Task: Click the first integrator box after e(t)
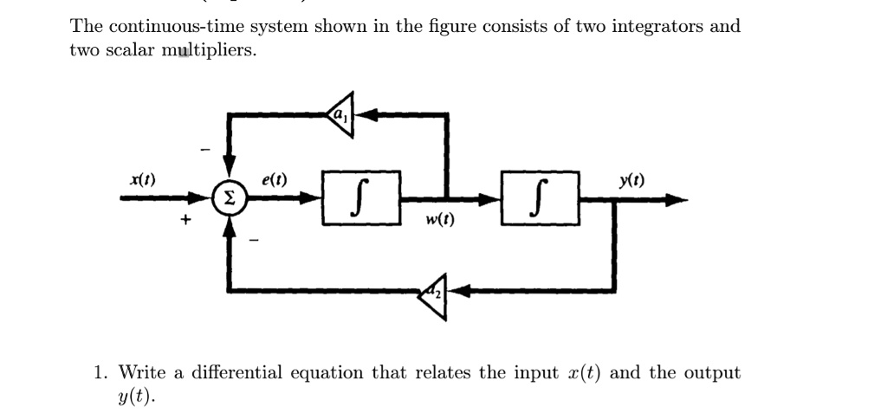coord(361,198)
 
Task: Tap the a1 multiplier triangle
coord(340,112)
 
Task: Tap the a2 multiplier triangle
coord(432,293)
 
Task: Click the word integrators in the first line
coord(657,26)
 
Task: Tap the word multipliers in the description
coord(212,50)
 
